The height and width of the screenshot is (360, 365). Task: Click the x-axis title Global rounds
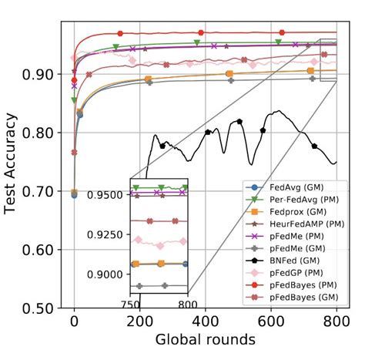pyautogui.click(x=205, y=338)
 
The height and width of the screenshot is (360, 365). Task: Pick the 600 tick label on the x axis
pyautogui.click(x=271, y=321)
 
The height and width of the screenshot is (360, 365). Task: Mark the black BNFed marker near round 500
pyautogui.click(x=240, y=121)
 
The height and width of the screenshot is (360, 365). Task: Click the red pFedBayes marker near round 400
pyautogui.click(x=201, y=32)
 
